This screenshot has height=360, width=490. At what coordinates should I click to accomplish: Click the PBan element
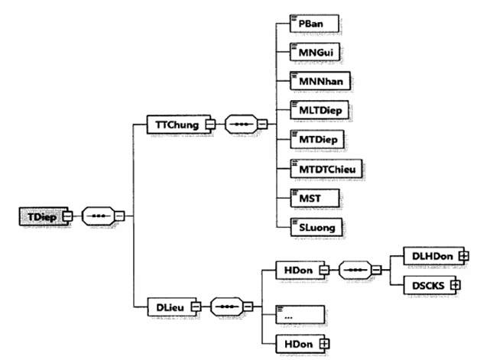(313, 23)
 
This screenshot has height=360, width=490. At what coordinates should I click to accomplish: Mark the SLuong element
(316, 227)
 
